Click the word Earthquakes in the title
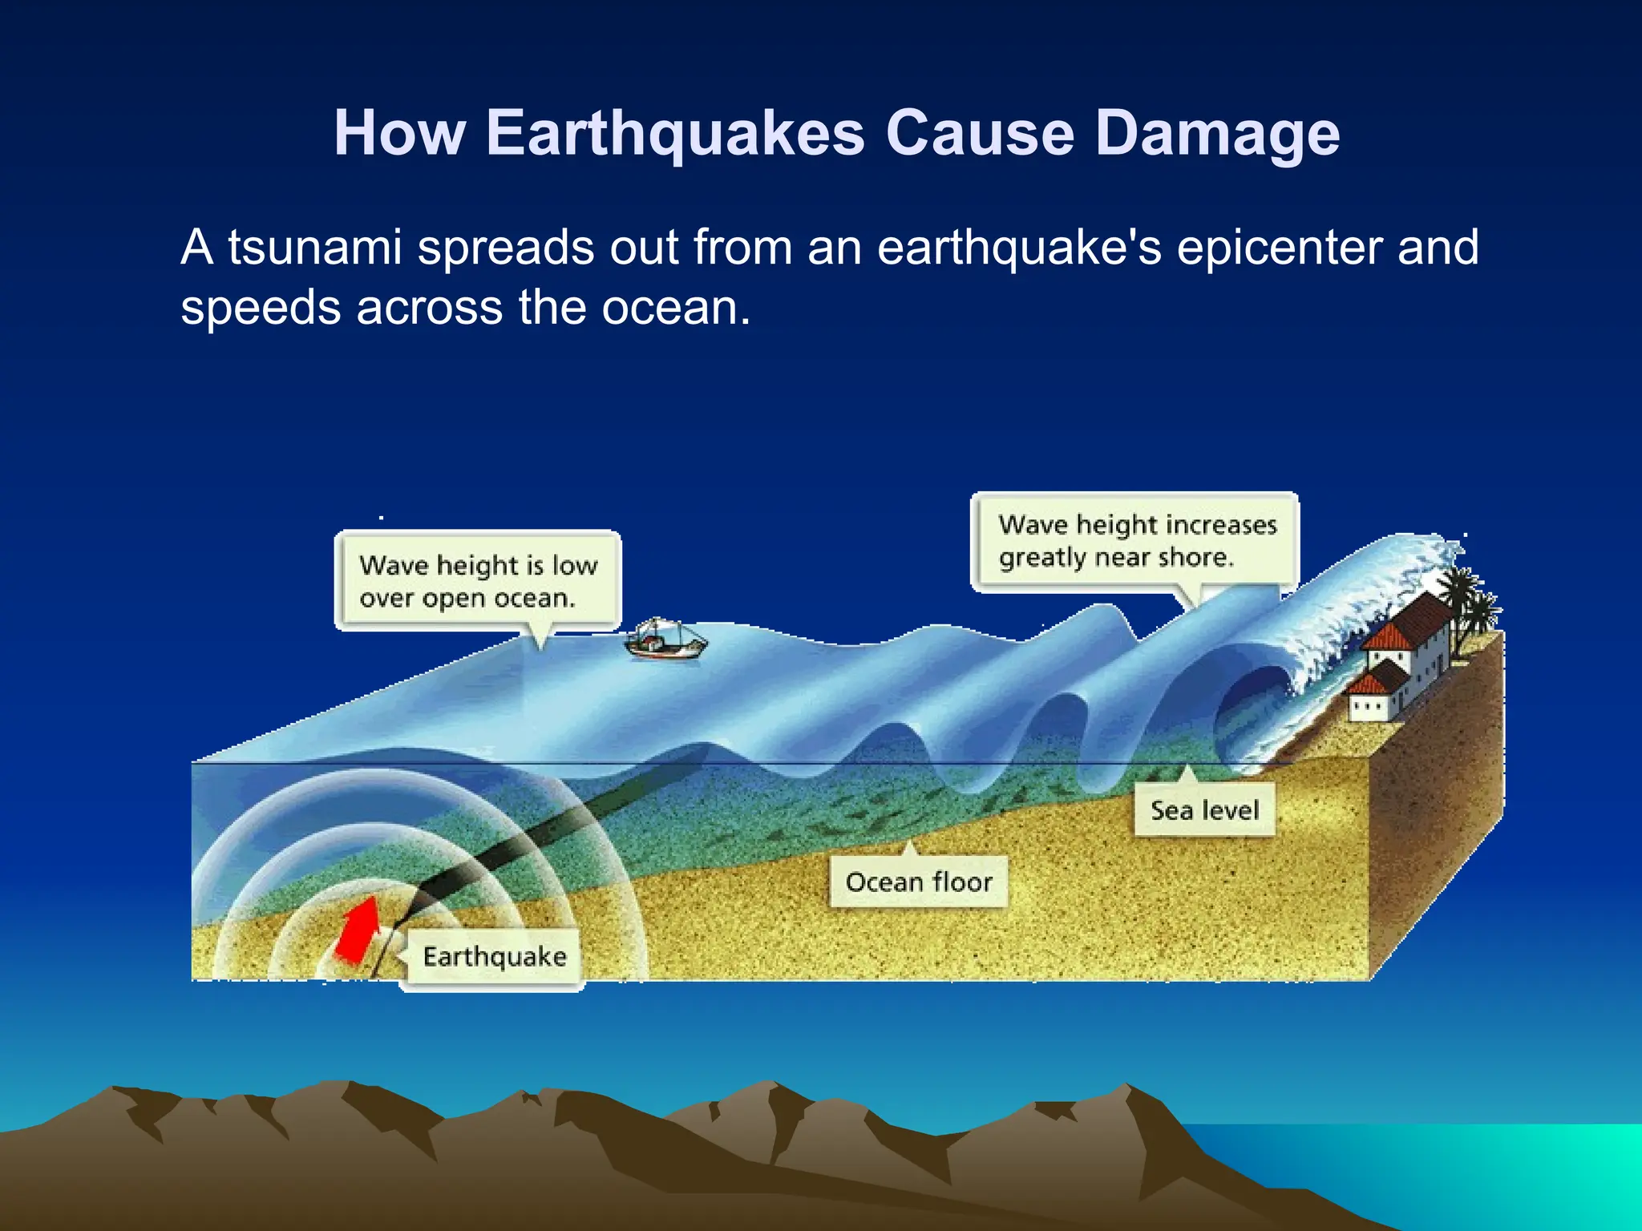(675, 133)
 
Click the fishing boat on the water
(665, 640)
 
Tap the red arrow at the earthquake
(358, 930)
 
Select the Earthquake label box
(494, 957)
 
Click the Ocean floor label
(919, 882)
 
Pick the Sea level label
(1204, 810)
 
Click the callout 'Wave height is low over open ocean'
(478, 581)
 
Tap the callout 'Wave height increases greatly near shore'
(1135, 542)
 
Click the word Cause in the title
(980, 133)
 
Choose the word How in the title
(399, 133)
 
